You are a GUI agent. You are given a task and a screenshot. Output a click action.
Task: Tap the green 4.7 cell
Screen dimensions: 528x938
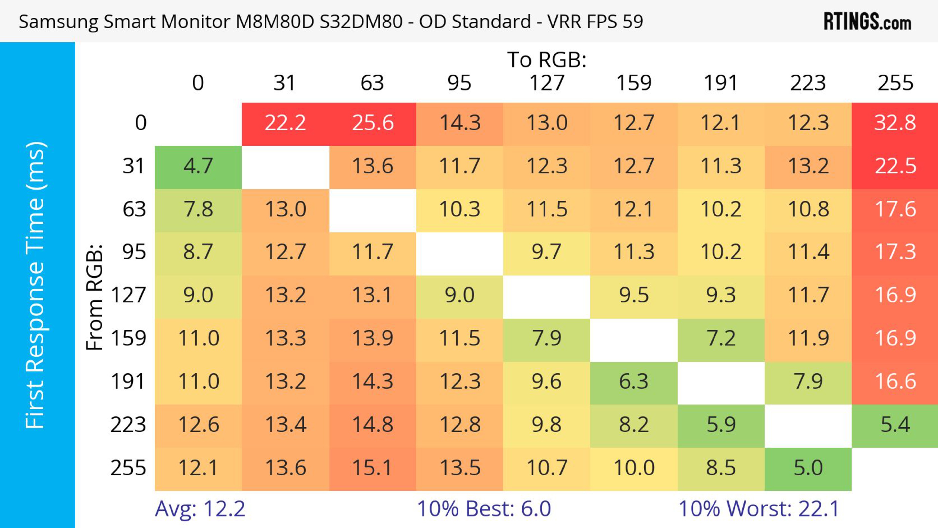(x=198, y=166)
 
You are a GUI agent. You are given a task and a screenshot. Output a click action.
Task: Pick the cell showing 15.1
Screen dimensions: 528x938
(x=373, y=468)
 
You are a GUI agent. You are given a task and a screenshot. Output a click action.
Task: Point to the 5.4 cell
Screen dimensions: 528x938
(x=895, y=425)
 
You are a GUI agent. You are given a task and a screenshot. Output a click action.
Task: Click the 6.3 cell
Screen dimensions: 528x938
(x=634, y=382)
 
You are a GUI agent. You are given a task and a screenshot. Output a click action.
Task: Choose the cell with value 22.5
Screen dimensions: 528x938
(x=895, y=166)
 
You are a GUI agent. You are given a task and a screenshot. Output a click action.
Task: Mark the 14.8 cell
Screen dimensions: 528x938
(x=373, y=425)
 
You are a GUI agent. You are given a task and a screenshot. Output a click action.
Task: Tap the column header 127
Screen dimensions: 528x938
(x=547, y=83)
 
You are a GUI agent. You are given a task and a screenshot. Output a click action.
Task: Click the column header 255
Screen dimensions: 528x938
(x=895, y=83)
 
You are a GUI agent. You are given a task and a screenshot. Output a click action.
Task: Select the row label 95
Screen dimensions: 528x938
(x=134, y=252)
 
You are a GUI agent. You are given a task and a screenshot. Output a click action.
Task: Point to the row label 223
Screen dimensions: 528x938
(x=128, y=425)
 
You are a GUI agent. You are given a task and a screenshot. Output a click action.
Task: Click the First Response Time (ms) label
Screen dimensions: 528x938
(x=35, y=285)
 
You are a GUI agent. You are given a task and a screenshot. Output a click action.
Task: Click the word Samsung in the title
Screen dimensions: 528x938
(x=58, y=22)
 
